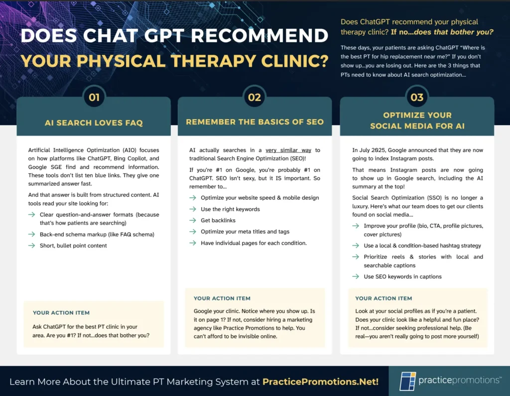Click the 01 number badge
pyautogui.click(x=94, y=97)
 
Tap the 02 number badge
pyautogui.click(x=255, y=97)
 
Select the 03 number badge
pyautogui.click(x=417, y=97)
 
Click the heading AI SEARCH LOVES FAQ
pyautogui.click(x=94, y=123)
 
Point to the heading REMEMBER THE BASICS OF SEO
pyautogui.click(x=255, y=122)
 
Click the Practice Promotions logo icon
pyautogui.click(x=407, y=381)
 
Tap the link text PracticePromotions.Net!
pyautogui.click(x=320, y=382)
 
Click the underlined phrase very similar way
pyautogui.click(x=288, y=150)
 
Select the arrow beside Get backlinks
pyautogui.click(x=193, y=220)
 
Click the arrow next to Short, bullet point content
pyautogui.click(x=31, y=246)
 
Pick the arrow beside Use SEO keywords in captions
pyautogui.click(x=356, y=276)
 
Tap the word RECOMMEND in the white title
pyautogui.click(x=259, y=35)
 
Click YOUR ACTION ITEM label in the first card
pyautogui.click(x=61, y=313)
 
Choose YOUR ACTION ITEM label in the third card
pyautogui.click(x=383, y=298)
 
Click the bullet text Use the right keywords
pyautogui.click(x=230, y=209)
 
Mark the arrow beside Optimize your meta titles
pyautogui.click(x=193, y=231)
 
